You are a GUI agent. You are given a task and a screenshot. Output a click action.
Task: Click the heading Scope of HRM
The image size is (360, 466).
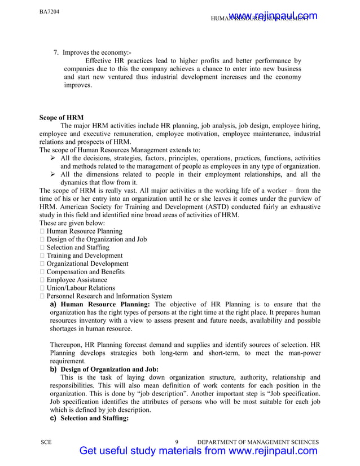click(x=62, y=118)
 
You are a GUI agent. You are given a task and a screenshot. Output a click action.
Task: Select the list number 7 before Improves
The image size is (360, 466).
click(x=56, y=52)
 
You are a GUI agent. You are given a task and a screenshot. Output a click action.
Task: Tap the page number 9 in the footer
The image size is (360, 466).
click(x=177, y=442)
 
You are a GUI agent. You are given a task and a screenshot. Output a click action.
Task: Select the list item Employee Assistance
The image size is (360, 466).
click(x=77, y=280)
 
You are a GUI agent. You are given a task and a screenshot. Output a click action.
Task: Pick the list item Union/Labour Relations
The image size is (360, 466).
click(x=81, y=288)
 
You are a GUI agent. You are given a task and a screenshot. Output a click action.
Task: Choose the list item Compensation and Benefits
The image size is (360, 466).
click(x=86, y=271)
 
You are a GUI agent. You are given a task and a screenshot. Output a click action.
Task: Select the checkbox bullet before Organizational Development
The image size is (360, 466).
click(x=42, y=263)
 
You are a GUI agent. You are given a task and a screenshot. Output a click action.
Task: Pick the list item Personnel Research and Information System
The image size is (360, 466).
click(x=109, y=296)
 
